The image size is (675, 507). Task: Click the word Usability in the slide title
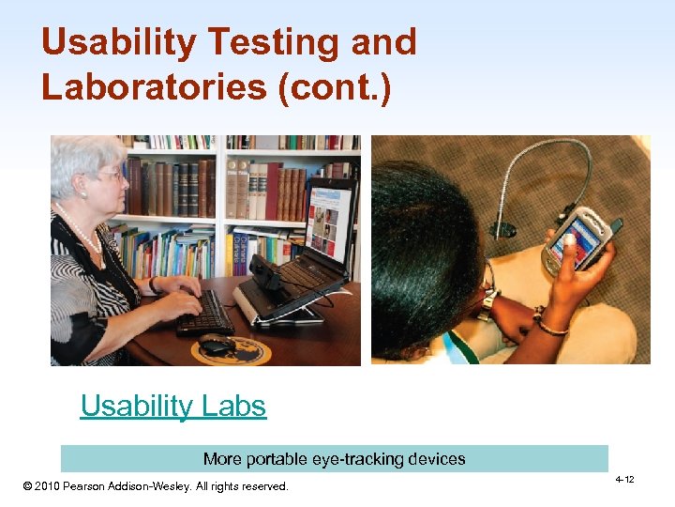pyautogui.click(x=116, y=43)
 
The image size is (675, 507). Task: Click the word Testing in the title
pyautogui.click(x=273, y=43)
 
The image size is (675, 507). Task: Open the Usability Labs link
pyautogui.click(x=173, y=407)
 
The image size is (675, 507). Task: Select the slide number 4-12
pyautogui.click(x=624, y=480)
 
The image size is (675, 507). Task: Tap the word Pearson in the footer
pyautogui.click(x=97, y=486)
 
